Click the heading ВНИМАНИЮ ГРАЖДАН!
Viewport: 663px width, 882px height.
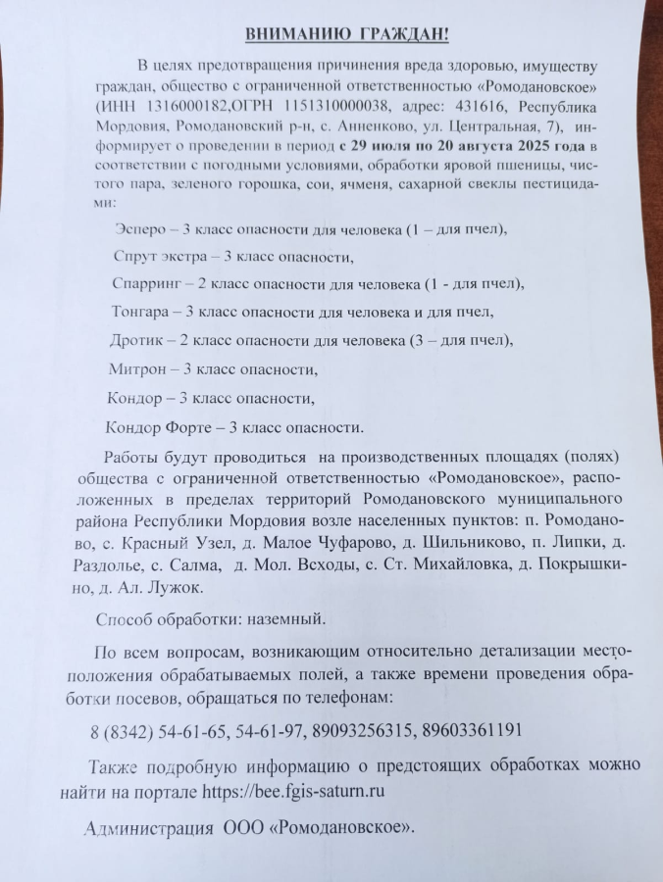(346, 35)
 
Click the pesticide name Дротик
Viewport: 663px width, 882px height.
(136, 341)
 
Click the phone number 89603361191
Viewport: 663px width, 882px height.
(474, 730)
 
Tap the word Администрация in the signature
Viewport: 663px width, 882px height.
(147, 828)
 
